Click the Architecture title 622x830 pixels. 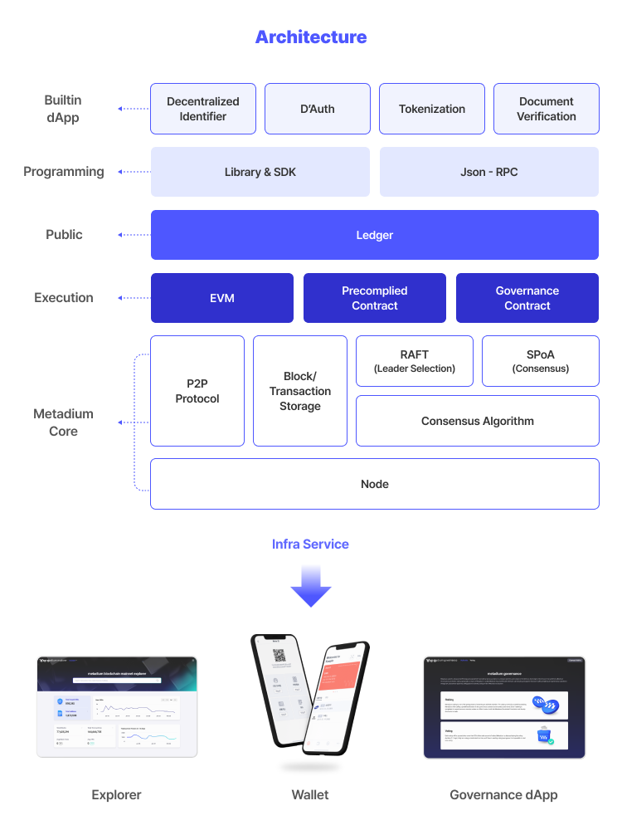(x=311, y=37)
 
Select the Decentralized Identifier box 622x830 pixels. (x=202, y=109)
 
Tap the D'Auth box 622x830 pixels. (x=317, y=109)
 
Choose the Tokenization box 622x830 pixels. (x=431, y=109)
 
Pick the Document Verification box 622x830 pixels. (x=546, y=109)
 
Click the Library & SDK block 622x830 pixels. (x=260, y=172)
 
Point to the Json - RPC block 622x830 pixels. (x=488, y=172)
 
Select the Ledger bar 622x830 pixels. (x=374, y=235)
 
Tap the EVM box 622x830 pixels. (x=221, y=298)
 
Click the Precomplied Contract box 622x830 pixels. (x=374, y=298)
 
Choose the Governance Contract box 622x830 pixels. (x=527, y=298)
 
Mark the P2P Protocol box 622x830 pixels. (x=197, y=391)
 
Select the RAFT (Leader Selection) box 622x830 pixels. (x=414, y=361)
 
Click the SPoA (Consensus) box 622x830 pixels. (x=540, y=361)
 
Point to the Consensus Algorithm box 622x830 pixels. (x=477, y=421)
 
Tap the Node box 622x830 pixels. (x=374, y=484)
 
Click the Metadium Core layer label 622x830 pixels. (x=63, y=422)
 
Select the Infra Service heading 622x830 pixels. (x=310, y=544)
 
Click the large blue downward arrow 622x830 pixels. (x=310, y=587)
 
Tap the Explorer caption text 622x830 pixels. (x=116, y=795)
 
